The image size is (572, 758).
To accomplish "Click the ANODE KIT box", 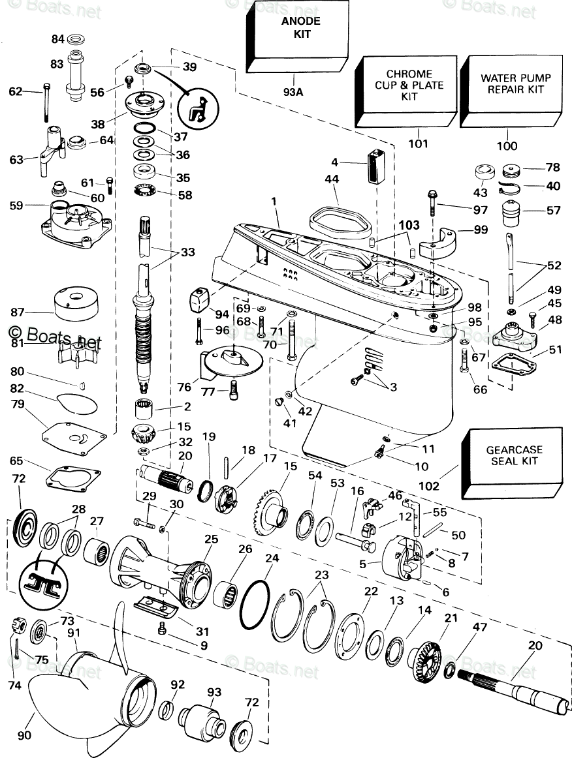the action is pyautogui.click(x=296, y=38).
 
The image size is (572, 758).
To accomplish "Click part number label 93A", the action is pyautogui.click(x=293, y=91).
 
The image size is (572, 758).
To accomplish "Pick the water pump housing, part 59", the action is pyautogui.click(x=76, y=220).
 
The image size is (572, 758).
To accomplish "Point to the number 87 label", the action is pyautogui.click(x=17, y=312).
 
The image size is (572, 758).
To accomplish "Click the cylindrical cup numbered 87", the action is pyautogui.click(x=76, y=303).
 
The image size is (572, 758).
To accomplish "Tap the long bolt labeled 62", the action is pyautogui.click(x=46, y=102).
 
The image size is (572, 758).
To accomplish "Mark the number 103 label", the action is pyautogui.click(x=409, y=225).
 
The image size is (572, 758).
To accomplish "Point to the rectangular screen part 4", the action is pyautogui.click(x=375, y=167).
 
